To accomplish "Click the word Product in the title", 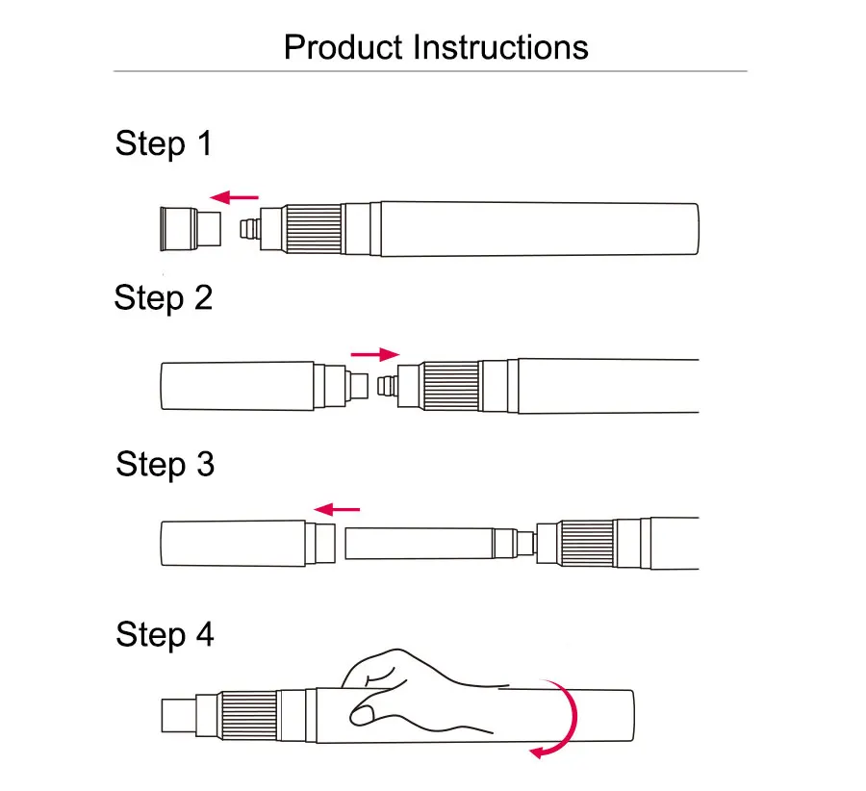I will point(344,46).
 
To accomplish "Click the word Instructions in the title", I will point(500,46).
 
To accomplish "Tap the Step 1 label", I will point(163,143).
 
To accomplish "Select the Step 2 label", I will point(163,297).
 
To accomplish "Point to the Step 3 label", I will point(165,464).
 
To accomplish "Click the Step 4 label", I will point(165,634).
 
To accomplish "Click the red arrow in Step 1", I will point(235,197).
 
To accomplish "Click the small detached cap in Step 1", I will point(189,229).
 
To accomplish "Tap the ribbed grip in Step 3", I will point(588,544).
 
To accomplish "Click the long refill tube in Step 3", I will point(419,544).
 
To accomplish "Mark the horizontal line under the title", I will point(430,71).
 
